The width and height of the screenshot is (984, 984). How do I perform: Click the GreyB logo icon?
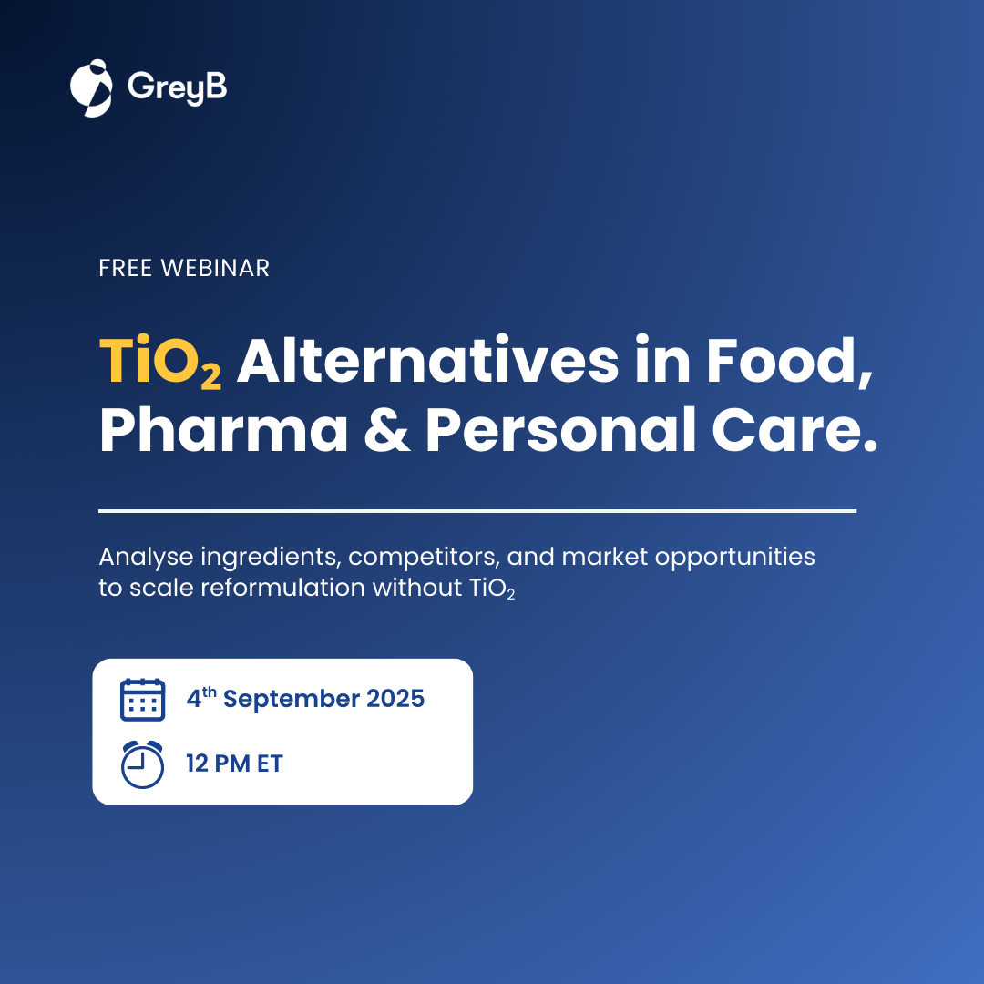coord(91,87)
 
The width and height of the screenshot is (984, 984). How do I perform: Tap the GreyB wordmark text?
coord(177,87)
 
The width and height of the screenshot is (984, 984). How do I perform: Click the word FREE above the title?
coord(126,268)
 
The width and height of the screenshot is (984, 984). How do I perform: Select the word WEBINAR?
coord(215,268)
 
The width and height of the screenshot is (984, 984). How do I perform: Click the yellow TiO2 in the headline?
coord(160,362)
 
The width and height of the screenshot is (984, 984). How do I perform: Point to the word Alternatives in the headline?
coord(428,360)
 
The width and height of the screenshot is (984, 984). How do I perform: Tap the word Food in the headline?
coord(789,362)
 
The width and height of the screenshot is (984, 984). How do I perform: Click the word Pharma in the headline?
coord(223,431)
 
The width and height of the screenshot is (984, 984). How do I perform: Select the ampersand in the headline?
coord(387,430)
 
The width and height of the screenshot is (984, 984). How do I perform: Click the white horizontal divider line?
coord(477,511)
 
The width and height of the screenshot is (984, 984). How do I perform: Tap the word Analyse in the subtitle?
coord(146,558)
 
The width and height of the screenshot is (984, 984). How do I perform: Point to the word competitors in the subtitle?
coord(424,558)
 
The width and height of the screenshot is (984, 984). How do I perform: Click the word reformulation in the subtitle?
coord(283,588)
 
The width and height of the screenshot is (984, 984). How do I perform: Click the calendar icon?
coord(142,700)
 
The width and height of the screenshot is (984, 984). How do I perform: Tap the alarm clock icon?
coord(142,764)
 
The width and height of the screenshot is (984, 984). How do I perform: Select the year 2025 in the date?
coord(395,699)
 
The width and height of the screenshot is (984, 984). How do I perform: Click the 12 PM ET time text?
coord(235,764)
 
